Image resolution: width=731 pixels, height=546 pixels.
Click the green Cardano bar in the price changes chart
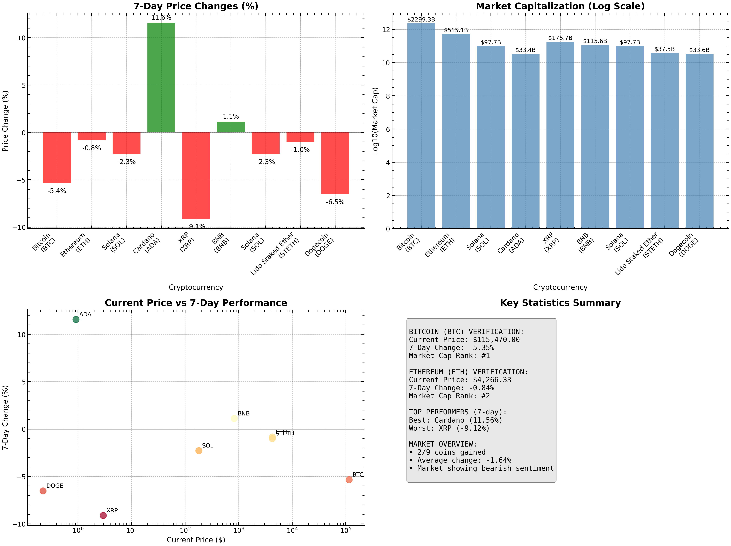click(161, 78)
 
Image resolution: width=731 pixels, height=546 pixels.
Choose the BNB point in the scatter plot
click(234, 418)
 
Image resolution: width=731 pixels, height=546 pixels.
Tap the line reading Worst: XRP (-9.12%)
click(449, 428)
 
